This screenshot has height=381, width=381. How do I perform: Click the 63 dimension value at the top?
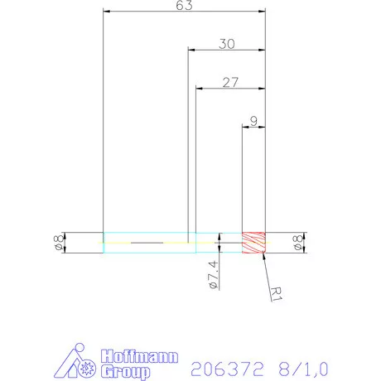184,7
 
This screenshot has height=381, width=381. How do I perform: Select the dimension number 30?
225,44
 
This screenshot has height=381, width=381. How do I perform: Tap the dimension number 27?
230,82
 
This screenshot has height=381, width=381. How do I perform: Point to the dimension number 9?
253,121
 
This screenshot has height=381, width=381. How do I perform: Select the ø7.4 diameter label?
213,273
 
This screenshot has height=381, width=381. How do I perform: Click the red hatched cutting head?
253,243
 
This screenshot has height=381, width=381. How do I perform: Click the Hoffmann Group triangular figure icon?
80,362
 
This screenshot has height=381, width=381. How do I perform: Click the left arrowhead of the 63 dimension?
107,12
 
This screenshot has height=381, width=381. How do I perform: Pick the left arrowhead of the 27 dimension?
199,88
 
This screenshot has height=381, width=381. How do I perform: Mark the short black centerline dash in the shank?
147,243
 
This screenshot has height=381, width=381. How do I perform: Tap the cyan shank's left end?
104,243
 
